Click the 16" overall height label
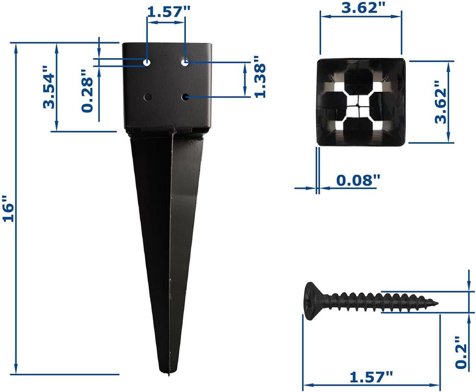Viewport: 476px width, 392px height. [x=8, y=208]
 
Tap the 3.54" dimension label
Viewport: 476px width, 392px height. [x=49, y=87]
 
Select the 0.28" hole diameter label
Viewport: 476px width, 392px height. [x=87, y=91]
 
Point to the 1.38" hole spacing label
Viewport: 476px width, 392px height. [x=260, y=77]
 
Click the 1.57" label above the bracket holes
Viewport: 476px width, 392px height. [x=169, y=12]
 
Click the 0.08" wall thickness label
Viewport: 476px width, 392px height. [x=358, y=180]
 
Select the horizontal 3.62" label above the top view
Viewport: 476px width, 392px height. [x=364, y=8]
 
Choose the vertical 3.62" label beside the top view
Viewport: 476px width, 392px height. [x=440, y=102]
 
